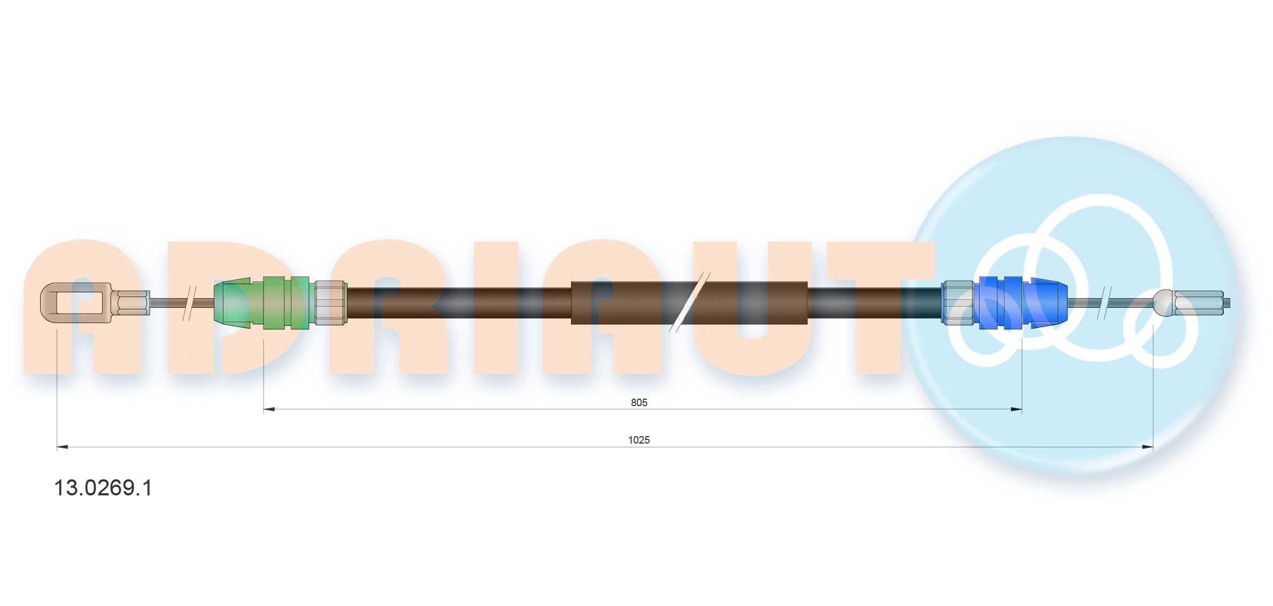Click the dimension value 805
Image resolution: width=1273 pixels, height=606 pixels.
pyautogui.click(x=639, y=402)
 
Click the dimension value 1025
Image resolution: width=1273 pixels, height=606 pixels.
pyautogui.click(x=639, y=440)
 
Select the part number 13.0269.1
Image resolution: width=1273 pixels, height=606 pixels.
pyautogui.click(x=103, y=488)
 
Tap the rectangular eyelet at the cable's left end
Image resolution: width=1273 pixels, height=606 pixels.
pyautogui.click(x=76, y=302)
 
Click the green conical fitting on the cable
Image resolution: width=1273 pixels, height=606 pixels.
pyautogui.click(x=261, y=302)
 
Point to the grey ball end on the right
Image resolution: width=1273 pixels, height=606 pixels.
pyautogui.click(x=1164, y=302)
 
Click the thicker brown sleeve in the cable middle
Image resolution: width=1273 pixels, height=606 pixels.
pyautogui.click(x=689, y=302)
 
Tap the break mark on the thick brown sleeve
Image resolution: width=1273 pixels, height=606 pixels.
pyautogui.click(x=690, y=302)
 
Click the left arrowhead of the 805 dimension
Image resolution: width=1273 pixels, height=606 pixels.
pyautogui.click(x=269, y=409)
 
